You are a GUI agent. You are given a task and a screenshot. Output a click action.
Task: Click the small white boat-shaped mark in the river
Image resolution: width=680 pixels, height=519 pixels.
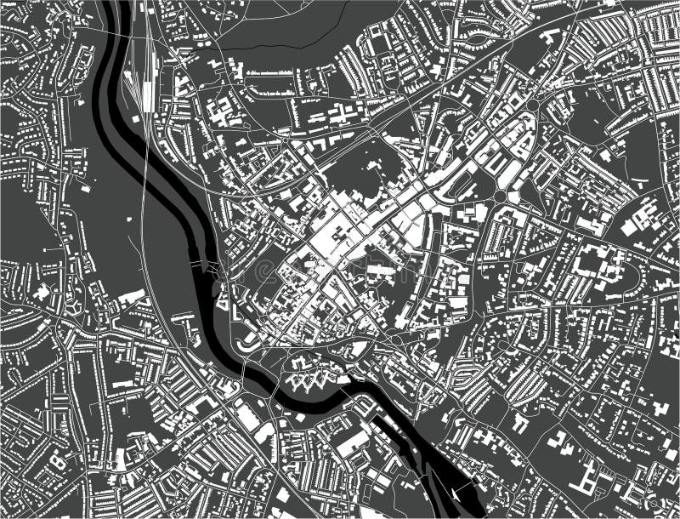(x=458, y=493)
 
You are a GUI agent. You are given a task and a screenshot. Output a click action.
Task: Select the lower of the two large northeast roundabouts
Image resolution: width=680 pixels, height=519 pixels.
(x=500, y=196)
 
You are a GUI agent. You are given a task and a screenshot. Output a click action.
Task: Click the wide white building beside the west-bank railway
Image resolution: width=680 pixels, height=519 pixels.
(x=132, y=297)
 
